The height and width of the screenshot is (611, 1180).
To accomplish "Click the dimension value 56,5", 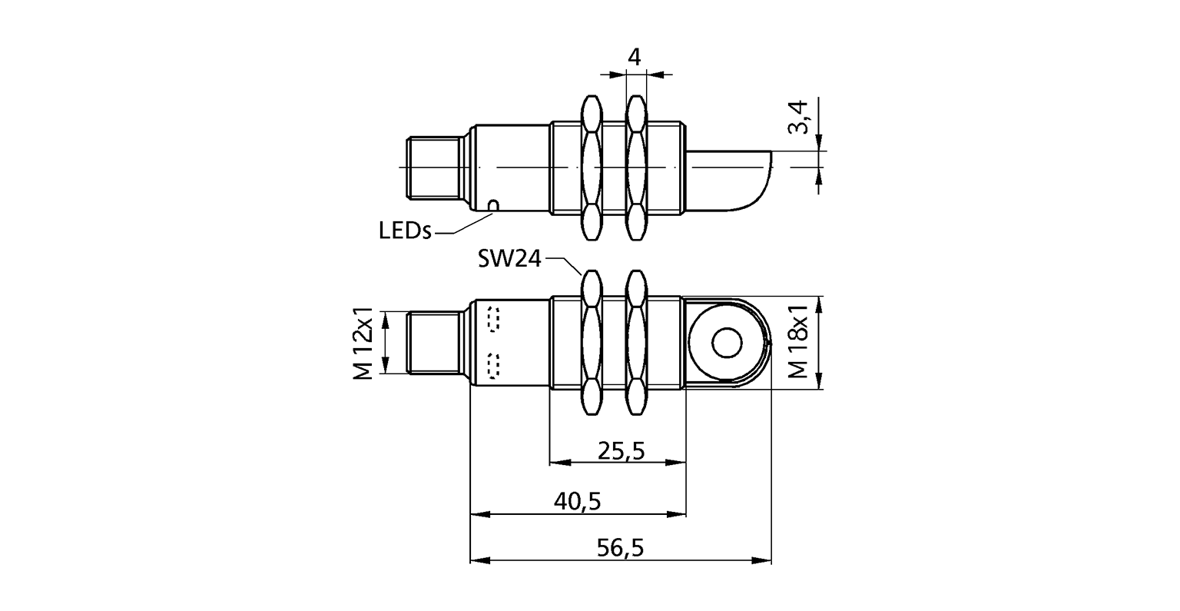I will click(620, 548).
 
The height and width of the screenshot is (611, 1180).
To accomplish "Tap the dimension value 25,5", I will click(620, 452).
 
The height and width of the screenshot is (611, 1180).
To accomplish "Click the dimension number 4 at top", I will click(634, 58).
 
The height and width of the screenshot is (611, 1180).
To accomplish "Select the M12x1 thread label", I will click(364, 344).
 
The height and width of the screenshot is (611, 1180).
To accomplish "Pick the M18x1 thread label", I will click(799, 344).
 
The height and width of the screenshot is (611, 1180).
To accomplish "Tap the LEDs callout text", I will click(405, 230).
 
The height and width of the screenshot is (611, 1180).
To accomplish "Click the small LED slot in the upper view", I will click(493, 204).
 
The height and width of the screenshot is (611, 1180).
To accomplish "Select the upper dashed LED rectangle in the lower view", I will click(492, 320).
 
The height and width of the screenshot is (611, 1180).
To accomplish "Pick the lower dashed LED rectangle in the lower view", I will click(492, 366).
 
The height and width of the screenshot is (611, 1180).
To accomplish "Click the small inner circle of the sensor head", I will click(724, 344).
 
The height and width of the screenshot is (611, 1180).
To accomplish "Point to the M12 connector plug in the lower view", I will click(433, 344).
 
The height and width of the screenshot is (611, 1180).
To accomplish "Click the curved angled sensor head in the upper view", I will click(730, 179).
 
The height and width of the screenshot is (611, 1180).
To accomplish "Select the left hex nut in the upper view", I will click(591, 167).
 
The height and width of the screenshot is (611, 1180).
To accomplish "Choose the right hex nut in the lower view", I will click(635, 344).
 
